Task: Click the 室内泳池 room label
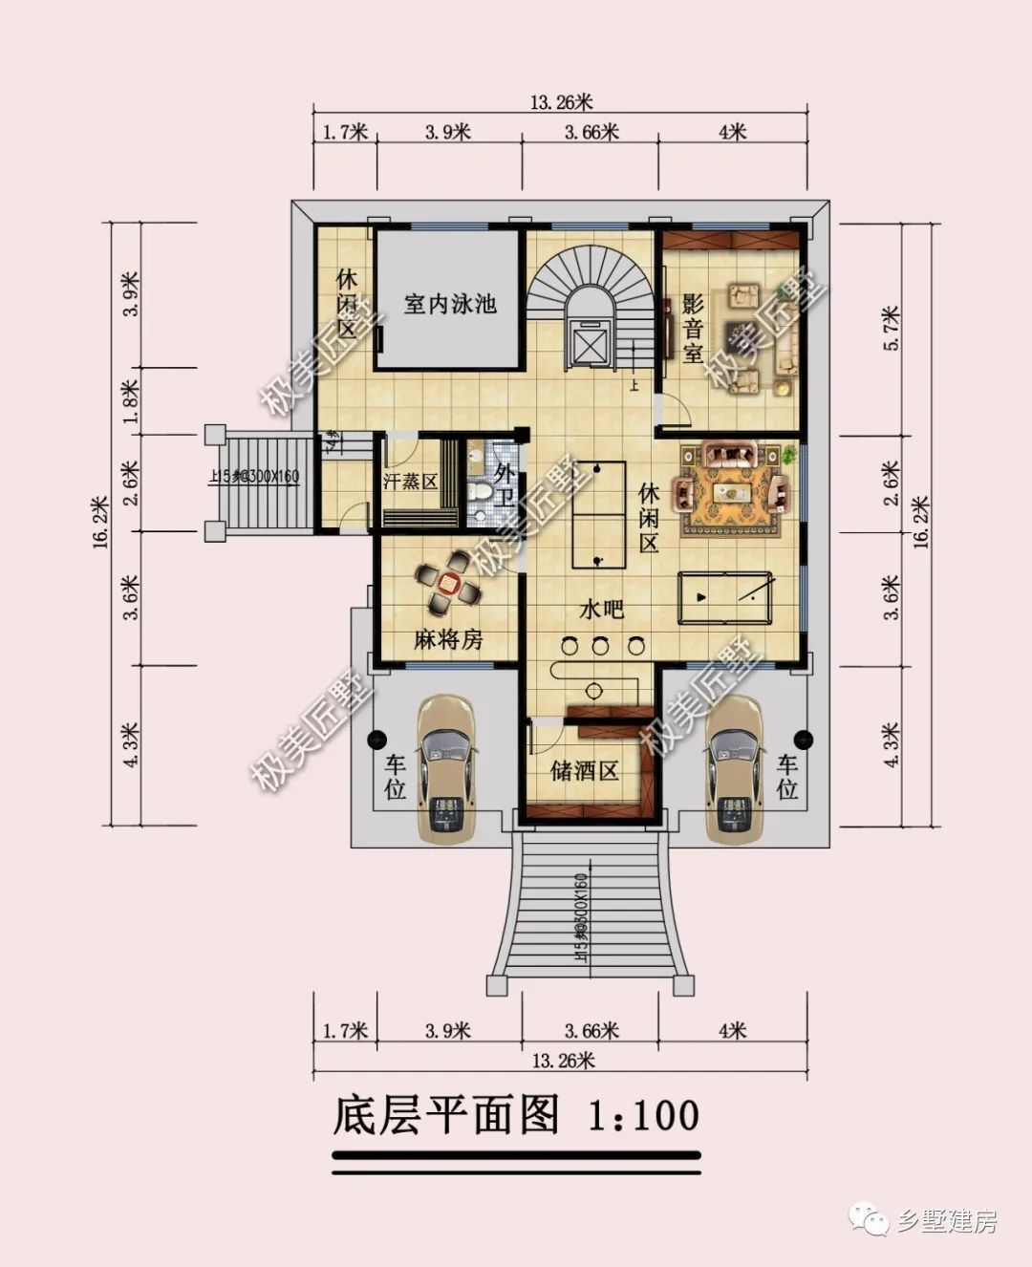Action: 449,305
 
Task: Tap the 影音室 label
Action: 693,330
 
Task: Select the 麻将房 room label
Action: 448,639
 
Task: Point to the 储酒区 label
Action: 584,770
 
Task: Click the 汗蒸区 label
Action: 410,481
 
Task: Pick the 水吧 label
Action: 601,609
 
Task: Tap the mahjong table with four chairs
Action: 447,583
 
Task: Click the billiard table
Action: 724,598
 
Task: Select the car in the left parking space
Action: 446,769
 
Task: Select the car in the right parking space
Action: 734,769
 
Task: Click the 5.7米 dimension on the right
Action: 892,329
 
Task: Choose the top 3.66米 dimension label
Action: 591,133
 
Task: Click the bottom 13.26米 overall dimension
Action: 563,1060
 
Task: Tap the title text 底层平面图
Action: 445,1114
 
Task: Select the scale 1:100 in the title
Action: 642,1115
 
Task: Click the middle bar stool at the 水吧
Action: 600,646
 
